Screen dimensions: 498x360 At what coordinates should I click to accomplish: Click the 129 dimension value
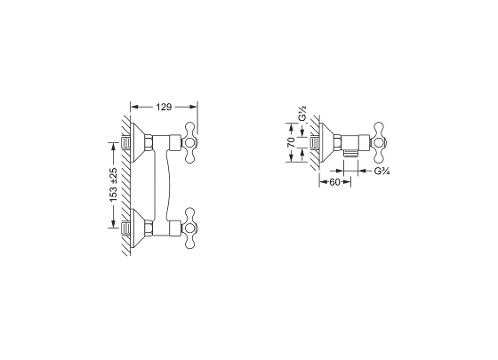pos(164,108)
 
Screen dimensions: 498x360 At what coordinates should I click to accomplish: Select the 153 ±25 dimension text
pos(114,185)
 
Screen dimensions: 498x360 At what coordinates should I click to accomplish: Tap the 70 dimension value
pos(291,142)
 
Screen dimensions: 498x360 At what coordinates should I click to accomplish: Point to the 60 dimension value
pos(334,182)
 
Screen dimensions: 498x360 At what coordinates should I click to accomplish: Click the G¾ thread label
pos(382,171)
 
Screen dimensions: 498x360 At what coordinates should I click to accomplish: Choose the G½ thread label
pos(302,115)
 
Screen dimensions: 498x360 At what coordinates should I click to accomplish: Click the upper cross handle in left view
pos(189,142)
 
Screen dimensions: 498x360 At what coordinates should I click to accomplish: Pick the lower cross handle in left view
pos(189,228)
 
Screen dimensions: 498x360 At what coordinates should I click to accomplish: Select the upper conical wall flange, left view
pos(137,142)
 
